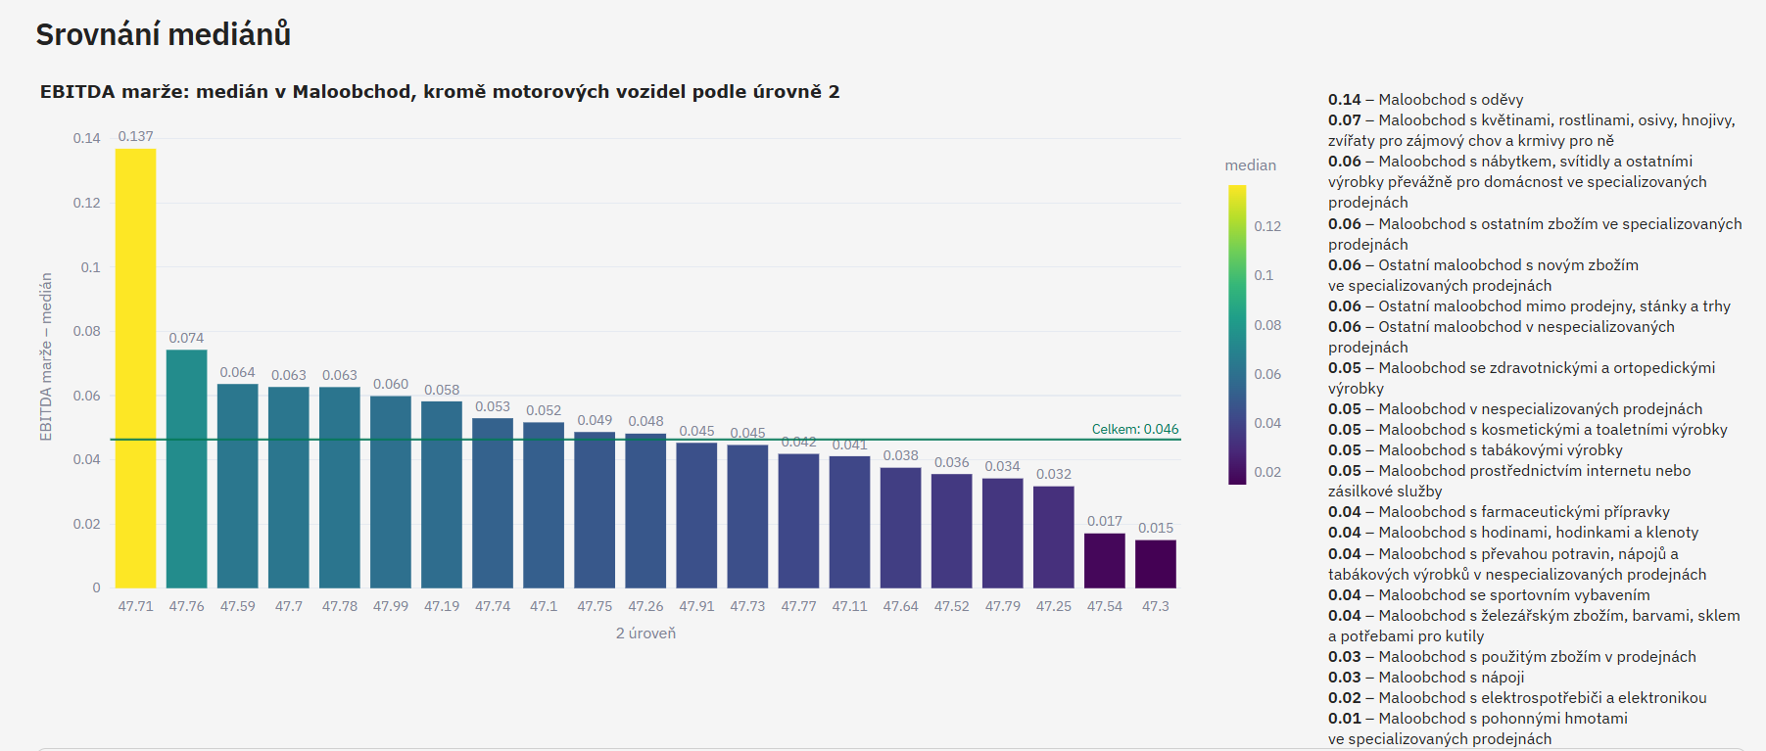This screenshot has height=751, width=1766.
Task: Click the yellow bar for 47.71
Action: (135, 367)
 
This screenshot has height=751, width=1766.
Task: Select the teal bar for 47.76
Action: (186, 468)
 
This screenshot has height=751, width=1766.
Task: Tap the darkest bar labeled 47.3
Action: (1156, 564)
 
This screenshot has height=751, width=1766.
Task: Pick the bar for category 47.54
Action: (1105, 560)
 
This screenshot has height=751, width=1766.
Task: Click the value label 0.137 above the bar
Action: (135, 136)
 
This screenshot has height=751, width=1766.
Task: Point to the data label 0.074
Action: (186, 338)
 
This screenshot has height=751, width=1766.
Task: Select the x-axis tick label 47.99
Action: (391, 606)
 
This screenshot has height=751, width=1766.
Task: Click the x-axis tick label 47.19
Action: (442, 606)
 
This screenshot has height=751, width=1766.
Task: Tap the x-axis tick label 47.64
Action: (900, 606)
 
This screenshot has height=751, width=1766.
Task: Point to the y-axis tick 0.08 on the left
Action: (86, 331)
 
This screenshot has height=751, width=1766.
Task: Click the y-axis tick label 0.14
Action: (86, 138)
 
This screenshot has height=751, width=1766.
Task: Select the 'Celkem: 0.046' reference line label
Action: (1135, 429)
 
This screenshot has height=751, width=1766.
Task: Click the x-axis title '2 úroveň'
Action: (645, 634)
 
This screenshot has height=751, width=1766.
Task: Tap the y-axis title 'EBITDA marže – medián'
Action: (46, 356)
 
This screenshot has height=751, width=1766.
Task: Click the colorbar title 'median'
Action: (1250, 165)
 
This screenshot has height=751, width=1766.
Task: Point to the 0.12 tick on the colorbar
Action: (1267, 226)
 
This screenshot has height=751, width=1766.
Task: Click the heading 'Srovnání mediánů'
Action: (164, 34)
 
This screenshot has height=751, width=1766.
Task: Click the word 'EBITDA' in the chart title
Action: (77, 92)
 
